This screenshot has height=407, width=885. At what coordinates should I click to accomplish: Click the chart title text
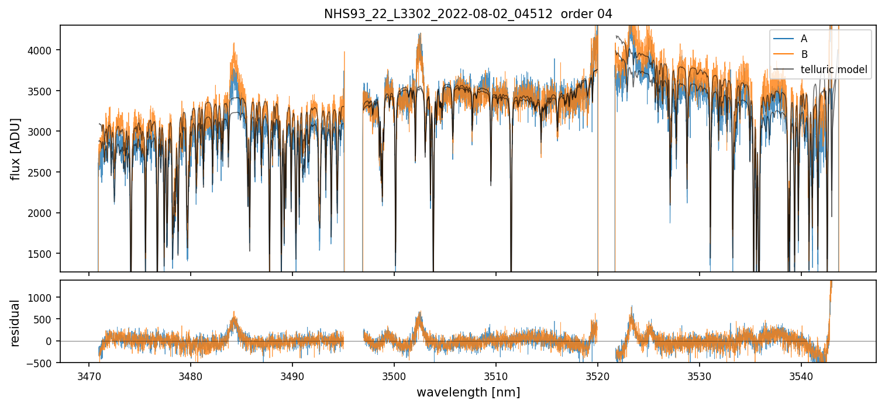[468, 14]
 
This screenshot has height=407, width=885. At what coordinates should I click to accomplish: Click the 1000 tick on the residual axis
[43, 297]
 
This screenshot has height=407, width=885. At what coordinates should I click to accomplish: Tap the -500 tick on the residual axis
[41, 363]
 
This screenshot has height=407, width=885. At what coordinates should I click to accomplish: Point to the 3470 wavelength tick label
[89, 375]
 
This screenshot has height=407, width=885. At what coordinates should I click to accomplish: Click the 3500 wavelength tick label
[394, 375]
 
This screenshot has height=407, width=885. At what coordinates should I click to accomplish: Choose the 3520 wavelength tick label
[598, 375]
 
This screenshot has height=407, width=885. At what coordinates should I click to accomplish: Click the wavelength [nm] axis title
[468, 392]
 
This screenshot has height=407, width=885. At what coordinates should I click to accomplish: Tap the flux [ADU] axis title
[15, 149]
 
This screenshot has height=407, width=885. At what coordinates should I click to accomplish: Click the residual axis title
[15, 322]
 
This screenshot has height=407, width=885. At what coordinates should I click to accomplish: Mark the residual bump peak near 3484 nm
[234, 316]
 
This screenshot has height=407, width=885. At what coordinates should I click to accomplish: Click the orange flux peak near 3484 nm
[234, 44]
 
